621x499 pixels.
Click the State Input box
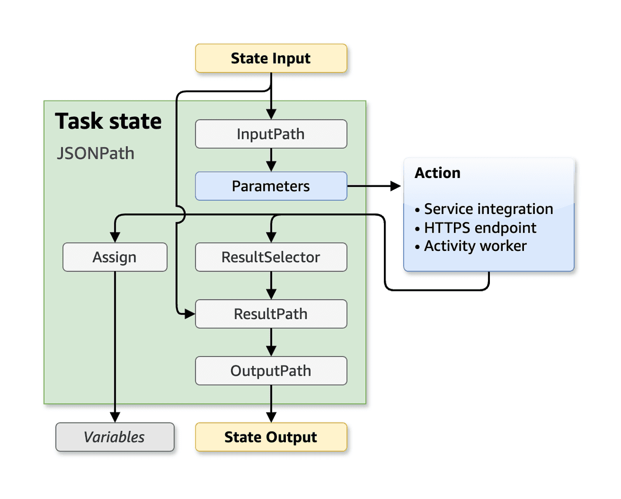pyautogui.click(x=271, y=58)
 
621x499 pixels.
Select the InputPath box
pyautogui.click(x=271, y=134)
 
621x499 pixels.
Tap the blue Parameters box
pyautogui.click(x=271, y=186)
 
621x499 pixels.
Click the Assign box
pyautogui.click(x=115, y=257)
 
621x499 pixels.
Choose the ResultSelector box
pyautogui.click(x=271, y=257)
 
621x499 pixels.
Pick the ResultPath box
pyautogui.click(x=271, y=314)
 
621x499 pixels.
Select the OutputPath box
pyautogui.click(x=271, y=370)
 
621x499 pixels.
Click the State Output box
pyautogui.click(x=271, y=437)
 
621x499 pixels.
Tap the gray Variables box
pyautogui.click(x=115, y=437)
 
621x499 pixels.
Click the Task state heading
pyautogui.click(x=108, y=121)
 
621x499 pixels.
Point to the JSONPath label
pyautogui.click(x=96, y=153)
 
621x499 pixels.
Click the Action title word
pyautogui.click(x=437, y=173)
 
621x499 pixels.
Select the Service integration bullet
pyautogui.click(x=488, y=209)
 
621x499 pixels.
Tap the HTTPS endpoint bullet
pyautogui.click(x=480, y=228)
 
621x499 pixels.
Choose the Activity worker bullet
pyautogui.click(x=475, y=246)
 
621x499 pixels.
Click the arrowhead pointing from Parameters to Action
pyautogui.click(x=395, y=186)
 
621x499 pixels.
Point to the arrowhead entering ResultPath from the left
pyautogui.click(x=190, y=314)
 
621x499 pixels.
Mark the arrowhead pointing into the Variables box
pyautogui.click(x=115, y=417)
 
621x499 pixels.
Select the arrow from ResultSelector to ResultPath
pyautogui.click(x=271, y=286)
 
